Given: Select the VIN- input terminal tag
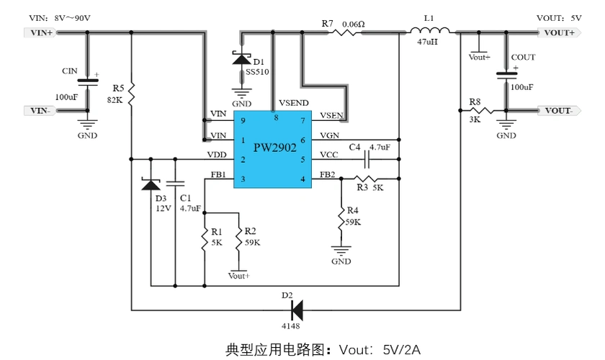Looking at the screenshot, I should [x=39, y=110].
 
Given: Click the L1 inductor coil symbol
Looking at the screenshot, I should [x=430, y=30].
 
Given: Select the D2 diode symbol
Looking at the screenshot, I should [x=296, y=310].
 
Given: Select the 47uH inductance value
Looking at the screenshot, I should [x=428, y=42].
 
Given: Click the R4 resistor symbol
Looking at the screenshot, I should [x=341, y=220].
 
